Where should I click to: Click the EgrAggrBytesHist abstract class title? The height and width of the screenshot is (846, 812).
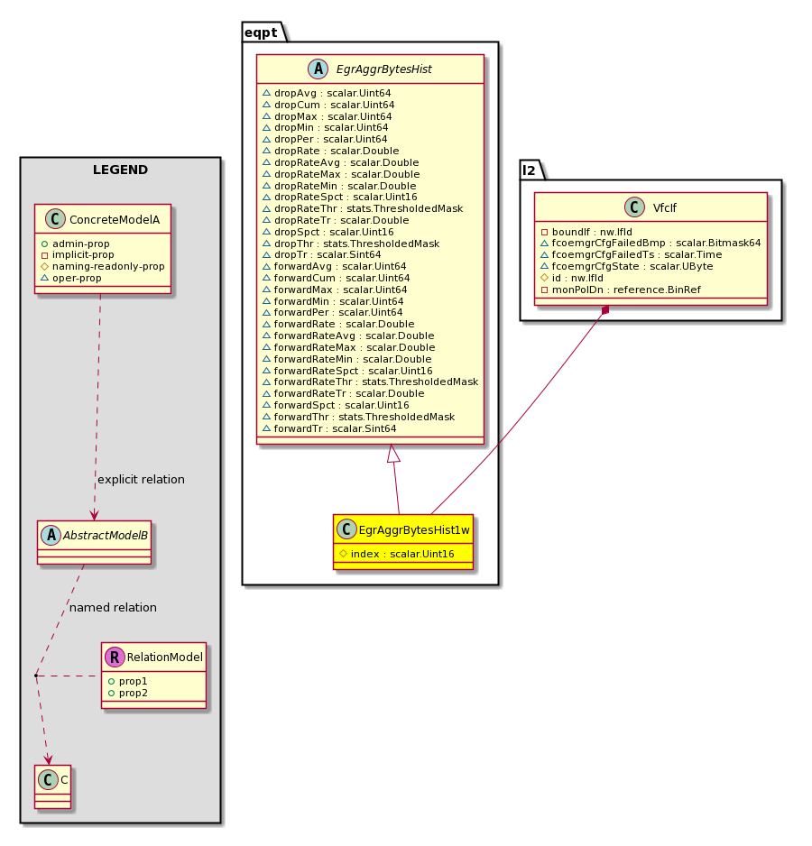[383, 69]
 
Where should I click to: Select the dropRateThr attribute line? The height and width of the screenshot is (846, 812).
[363, 209]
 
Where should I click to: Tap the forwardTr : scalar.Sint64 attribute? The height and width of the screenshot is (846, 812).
[329, 429]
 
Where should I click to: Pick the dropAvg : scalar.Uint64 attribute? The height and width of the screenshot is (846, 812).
[327, 93]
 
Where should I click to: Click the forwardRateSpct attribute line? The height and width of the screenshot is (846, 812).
[347, 372]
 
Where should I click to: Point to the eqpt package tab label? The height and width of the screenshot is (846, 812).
[261, 32]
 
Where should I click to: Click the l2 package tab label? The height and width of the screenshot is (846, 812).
[529, 170]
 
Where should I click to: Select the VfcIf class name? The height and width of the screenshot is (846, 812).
[664, 208]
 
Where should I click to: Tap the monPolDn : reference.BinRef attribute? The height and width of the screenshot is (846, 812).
[621, 290]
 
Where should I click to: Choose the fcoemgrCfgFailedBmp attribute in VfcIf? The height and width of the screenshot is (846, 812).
[651, 244]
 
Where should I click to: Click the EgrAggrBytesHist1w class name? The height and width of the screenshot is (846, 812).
[414, 530]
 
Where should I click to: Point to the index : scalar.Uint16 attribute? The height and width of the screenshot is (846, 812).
[396, 554]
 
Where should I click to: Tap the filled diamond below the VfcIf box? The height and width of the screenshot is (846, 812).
[605, 310]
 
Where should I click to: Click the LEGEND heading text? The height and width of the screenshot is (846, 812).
[120, 170]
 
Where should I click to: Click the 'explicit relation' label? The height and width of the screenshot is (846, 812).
[141, 480]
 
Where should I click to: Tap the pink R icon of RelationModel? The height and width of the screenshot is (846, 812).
[115, 657]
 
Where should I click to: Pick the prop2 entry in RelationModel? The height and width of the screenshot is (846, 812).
[127, 694]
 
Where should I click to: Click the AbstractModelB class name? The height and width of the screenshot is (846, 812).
[106, 536]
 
